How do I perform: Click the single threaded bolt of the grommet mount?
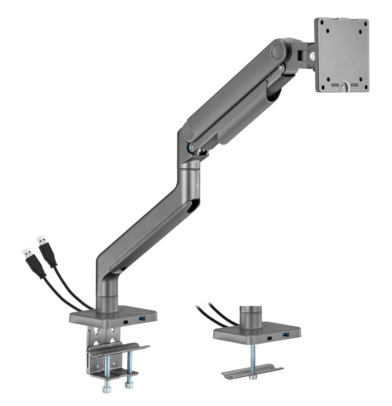[x=253, y=357]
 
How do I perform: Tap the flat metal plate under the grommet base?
[x=252, y=373]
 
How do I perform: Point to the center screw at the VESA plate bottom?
[x=344, y=86]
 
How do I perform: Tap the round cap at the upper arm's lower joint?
[x=188, y=132]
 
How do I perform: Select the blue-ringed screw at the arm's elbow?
[x=190, y=148]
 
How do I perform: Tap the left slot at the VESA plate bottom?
[x=335, y=85]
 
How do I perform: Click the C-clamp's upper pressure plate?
[x=118, y=350]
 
